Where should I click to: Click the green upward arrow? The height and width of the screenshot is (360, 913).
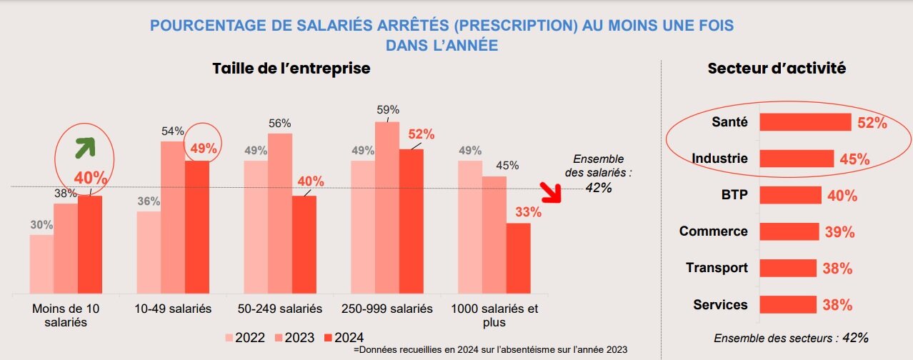86,149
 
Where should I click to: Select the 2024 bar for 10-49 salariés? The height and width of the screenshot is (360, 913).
196,227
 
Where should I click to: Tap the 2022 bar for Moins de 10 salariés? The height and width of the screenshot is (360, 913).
41,264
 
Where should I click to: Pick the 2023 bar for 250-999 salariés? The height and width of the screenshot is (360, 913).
387,208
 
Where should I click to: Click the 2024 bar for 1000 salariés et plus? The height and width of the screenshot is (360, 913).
518,259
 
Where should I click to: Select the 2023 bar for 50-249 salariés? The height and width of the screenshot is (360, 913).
280,214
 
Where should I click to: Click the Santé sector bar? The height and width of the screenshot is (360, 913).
805,122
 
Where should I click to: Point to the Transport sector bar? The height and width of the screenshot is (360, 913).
787,268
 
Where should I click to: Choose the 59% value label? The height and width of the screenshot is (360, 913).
387,110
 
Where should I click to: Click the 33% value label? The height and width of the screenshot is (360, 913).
528,212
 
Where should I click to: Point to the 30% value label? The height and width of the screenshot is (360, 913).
41,225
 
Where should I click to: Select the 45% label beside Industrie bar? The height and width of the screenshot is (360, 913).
854,160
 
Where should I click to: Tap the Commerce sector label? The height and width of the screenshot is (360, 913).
713,231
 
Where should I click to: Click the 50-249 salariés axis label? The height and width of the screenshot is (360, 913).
280,309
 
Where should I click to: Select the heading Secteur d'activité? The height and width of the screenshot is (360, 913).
777,69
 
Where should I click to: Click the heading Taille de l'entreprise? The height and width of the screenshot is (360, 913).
291,69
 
